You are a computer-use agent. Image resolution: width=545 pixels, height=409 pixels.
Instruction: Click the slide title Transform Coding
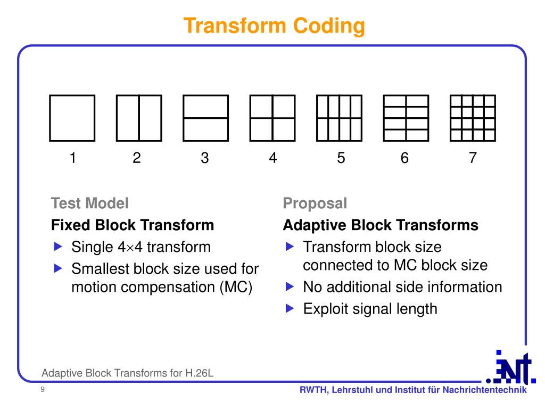coord(275,26)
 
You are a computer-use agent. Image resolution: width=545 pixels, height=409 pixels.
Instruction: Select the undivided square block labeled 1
coord(72,118)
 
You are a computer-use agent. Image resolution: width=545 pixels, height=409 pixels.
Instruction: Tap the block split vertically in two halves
coord(139,118)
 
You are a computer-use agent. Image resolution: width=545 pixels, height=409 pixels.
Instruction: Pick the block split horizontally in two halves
coord(205,118)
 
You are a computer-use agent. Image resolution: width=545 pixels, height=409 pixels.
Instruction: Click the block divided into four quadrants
coord(272,118)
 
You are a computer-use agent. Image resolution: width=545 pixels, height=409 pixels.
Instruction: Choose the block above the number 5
coord(339,118)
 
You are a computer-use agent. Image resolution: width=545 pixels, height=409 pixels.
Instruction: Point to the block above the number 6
coord(406,118)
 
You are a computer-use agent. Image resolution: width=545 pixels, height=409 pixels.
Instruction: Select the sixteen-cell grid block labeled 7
coord(473,118)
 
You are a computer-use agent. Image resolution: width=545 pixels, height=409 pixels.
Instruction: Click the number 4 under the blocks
coord(272,158)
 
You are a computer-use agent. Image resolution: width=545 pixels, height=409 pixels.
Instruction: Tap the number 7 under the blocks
coord(473,158)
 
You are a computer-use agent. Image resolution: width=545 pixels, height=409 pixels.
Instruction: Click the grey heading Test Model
coord(89,203)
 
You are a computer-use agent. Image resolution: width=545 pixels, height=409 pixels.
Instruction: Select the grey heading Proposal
coord(315,203)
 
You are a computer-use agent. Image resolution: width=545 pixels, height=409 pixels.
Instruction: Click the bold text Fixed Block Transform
coord(133,225)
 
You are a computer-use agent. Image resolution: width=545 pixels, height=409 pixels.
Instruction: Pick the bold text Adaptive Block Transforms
coord(381,225)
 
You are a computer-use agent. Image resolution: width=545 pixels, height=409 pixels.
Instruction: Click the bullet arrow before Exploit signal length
coord(290,308)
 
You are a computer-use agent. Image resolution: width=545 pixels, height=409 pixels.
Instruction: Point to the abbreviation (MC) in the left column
coord(235,287)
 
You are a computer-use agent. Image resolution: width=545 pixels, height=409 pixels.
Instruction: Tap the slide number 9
coord(42,391)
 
